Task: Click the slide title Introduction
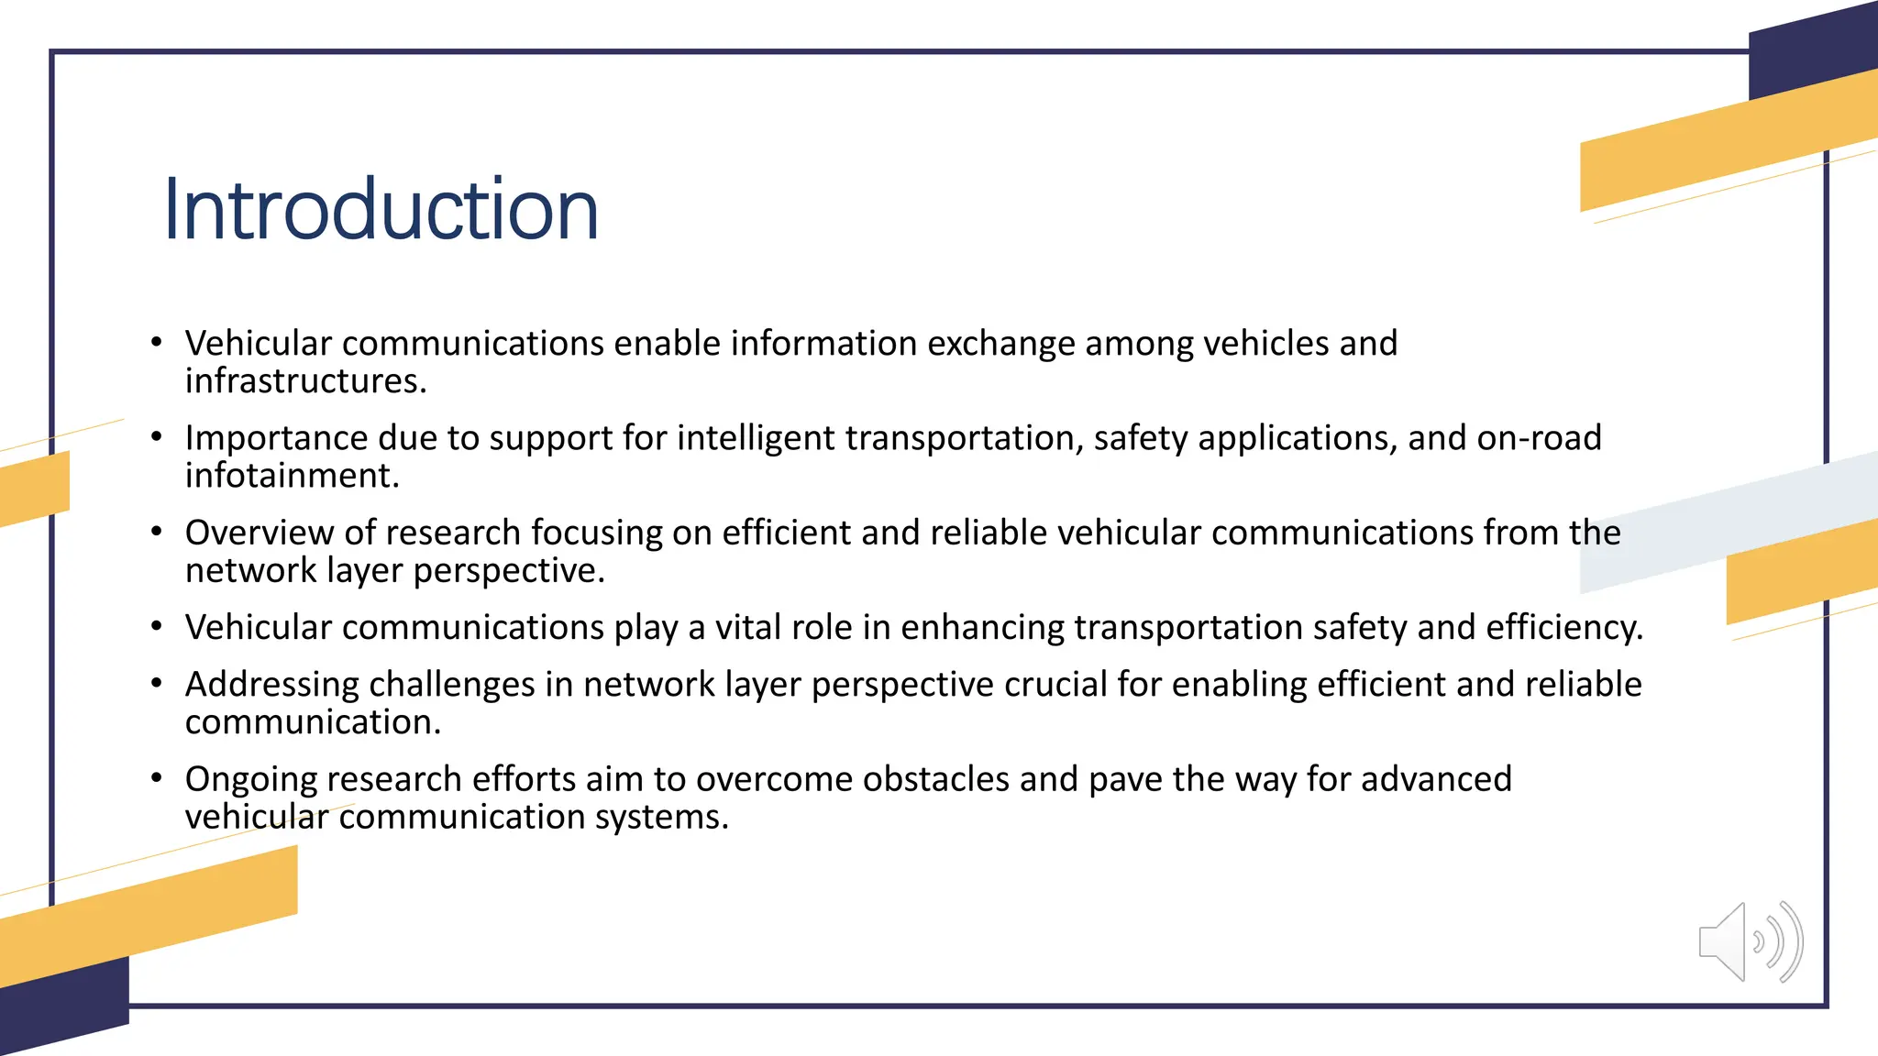381,210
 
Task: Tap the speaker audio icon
1750,941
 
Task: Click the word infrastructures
305,381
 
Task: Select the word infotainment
292,476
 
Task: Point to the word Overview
260,533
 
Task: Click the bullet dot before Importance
157,437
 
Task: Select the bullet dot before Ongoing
157,778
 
